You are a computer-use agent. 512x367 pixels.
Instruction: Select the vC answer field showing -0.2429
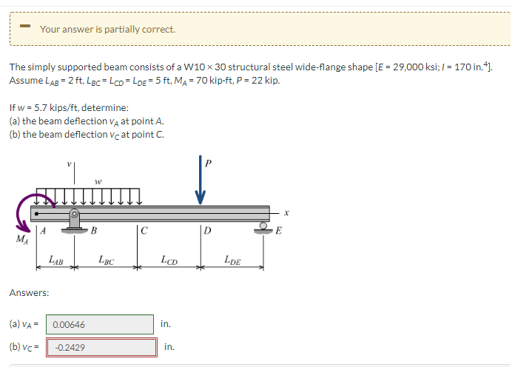(102, 347)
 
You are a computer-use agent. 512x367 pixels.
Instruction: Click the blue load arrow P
(199, 178)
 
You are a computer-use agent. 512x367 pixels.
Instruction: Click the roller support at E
(264, 226)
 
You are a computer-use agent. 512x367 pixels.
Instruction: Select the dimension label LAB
(55, 259)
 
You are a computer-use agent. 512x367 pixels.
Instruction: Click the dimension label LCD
(168, 259)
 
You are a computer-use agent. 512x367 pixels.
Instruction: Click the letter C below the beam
(145, 230)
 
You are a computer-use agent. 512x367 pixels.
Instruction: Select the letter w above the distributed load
(98, 180)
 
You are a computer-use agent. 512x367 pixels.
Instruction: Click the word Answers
(29, 293)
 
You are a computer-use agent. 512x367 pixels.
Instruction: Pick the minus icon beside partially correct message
(24, 29)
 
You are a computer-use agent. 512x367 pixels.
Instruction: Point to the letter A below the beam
(43, 230)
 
